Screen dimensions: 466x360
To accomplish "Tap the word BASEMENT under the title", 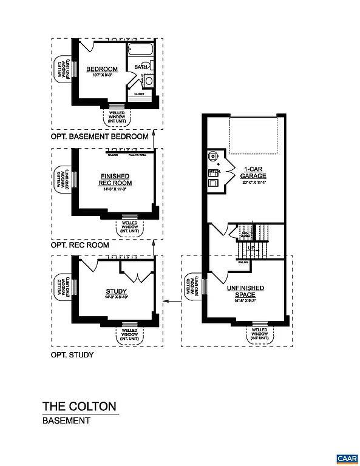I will click(66, 420).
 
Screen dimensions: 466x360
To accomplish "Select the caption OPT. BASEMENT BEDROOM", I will click(100, 137).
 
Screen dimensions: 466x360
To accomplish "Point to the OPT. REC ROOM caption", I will click(80, 245).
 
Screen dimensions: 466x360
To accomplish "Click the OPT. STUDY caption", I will click(72, 354).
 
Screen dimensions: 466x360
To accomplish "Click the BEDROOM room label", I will click(101, 69).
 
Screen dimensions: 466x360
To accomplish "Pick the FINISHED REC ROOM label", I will click(116, 180).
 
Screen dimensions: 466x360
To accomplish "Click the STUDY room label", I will click(115, 291).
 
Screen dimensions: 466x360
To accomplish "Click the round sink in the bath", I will click(149, 80).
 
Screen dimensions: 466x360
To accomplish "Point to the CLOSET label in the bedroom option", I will click(140, 94).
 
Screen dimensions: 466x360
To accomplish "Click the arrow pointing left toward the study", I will click(172, 300).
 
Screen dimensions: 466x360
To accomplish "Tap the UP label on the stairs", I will click(251, 249).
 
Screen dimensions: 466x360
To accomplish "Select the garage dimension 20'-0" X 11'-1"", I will click(254, 182).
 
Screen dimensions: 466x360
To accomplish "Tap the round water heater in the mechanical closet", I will click(213, 156).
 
